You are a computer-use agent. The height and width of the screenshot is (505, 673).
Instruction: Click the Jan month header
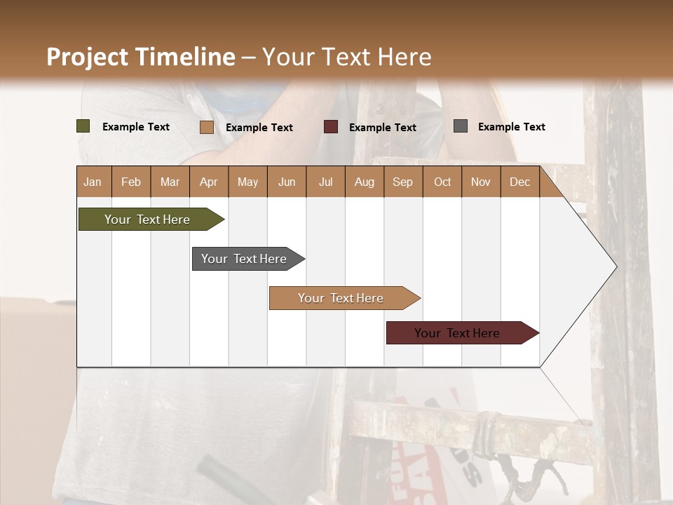pos(93,182)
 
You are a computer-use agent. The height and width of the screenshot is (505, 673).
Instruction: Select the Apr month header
pos(209,182)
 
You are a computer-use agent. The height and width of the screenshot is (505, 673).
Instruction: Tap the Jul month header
pos(325,182)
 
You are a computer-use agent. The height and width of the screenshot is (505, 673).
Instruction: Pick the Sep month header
pos(402,182)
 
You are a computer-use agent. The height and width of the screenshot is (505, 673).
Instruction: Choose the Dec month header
pos(519,182)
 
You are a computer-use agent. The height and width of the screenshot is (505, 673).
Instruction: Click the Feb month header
pos(131,182)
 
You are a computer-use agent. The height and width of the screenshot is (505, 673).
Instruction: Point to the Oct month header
pos(442,182)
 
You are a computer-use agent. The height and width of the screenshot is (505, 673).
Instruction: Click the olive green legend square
pos(83,126)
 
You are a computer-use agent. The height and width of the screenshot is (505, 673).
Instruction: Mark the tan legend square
pos(206,127)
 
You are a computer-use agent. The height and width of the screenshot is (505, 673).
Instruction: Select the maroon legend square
pos(331,127)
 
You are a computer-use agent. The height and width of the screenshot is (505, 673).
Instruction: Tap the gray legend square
pos(461,126)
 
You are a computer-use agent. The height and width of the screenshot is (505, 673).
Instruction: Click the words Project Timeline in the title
pos(141,57)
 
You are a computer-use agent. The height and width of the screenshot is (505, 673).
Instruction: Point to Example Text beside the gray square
pos(511,127)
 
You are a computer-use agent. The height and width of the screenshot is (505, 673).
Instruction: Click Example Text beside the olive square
pos(136,127)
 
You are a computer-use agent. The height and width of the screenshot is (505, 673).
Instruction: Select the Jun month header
pos(287,182)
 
